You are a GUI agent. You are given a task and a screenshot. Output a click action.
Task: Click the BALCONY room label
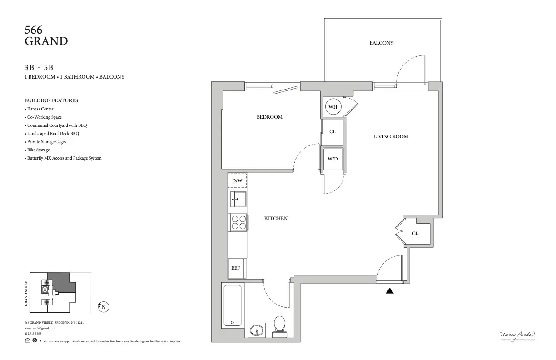381,43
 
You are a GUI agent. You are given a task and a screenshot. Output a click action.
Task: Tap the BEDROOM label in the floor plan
269,117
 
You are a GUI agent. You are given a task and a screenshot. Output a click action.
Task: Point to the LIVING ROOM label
391,136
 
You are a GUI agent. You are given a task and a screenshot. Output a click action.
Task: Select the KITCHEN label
276,219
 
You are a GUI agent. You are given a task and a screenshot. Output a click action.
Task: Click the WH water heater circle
333,107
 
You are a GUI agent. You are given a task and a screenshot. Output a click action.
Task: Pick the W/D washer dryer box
333,159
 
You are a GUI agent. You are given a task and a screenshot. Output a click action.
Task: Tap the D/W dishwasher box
237,181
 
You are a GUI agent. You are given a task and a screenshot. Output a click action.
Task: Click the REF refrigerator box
236,268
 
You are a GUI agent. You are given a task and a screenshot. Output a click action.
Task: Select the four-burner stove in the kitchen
238,221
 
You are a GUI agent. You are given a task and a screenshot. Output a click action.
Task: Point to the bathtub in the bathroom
232,305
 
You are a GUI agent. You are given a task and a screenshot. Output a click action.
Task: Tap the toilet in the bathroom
279,326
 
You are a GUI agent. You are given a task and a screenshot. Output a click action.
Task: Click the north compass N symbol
104,307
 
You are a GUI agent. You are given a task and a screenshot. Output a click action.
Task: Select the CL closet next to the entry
415,233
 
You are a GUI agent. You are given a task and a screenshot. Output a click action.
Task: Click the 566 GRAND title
46,36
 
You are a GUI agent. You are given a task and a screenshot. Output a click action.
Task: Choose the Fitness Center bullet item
40,109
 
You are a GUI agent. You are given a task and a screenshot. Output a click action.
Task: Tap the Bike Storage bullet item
38,150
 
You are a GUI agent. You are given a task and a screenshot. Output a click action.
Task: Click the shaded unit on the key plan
63,281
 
